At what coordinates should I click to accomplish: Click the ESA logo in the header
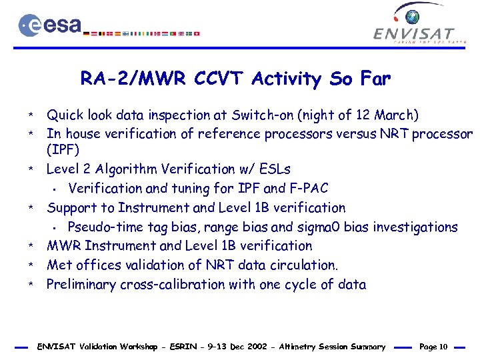click(x=50, y=25)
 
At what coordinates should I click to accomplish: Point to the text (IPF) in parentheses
click(x=63, y=150)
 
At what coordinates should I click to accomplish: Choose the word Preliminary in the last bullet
click(x=81, y=285)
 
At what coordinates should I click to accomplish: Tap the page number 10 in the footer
click(x=443, y=347)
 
